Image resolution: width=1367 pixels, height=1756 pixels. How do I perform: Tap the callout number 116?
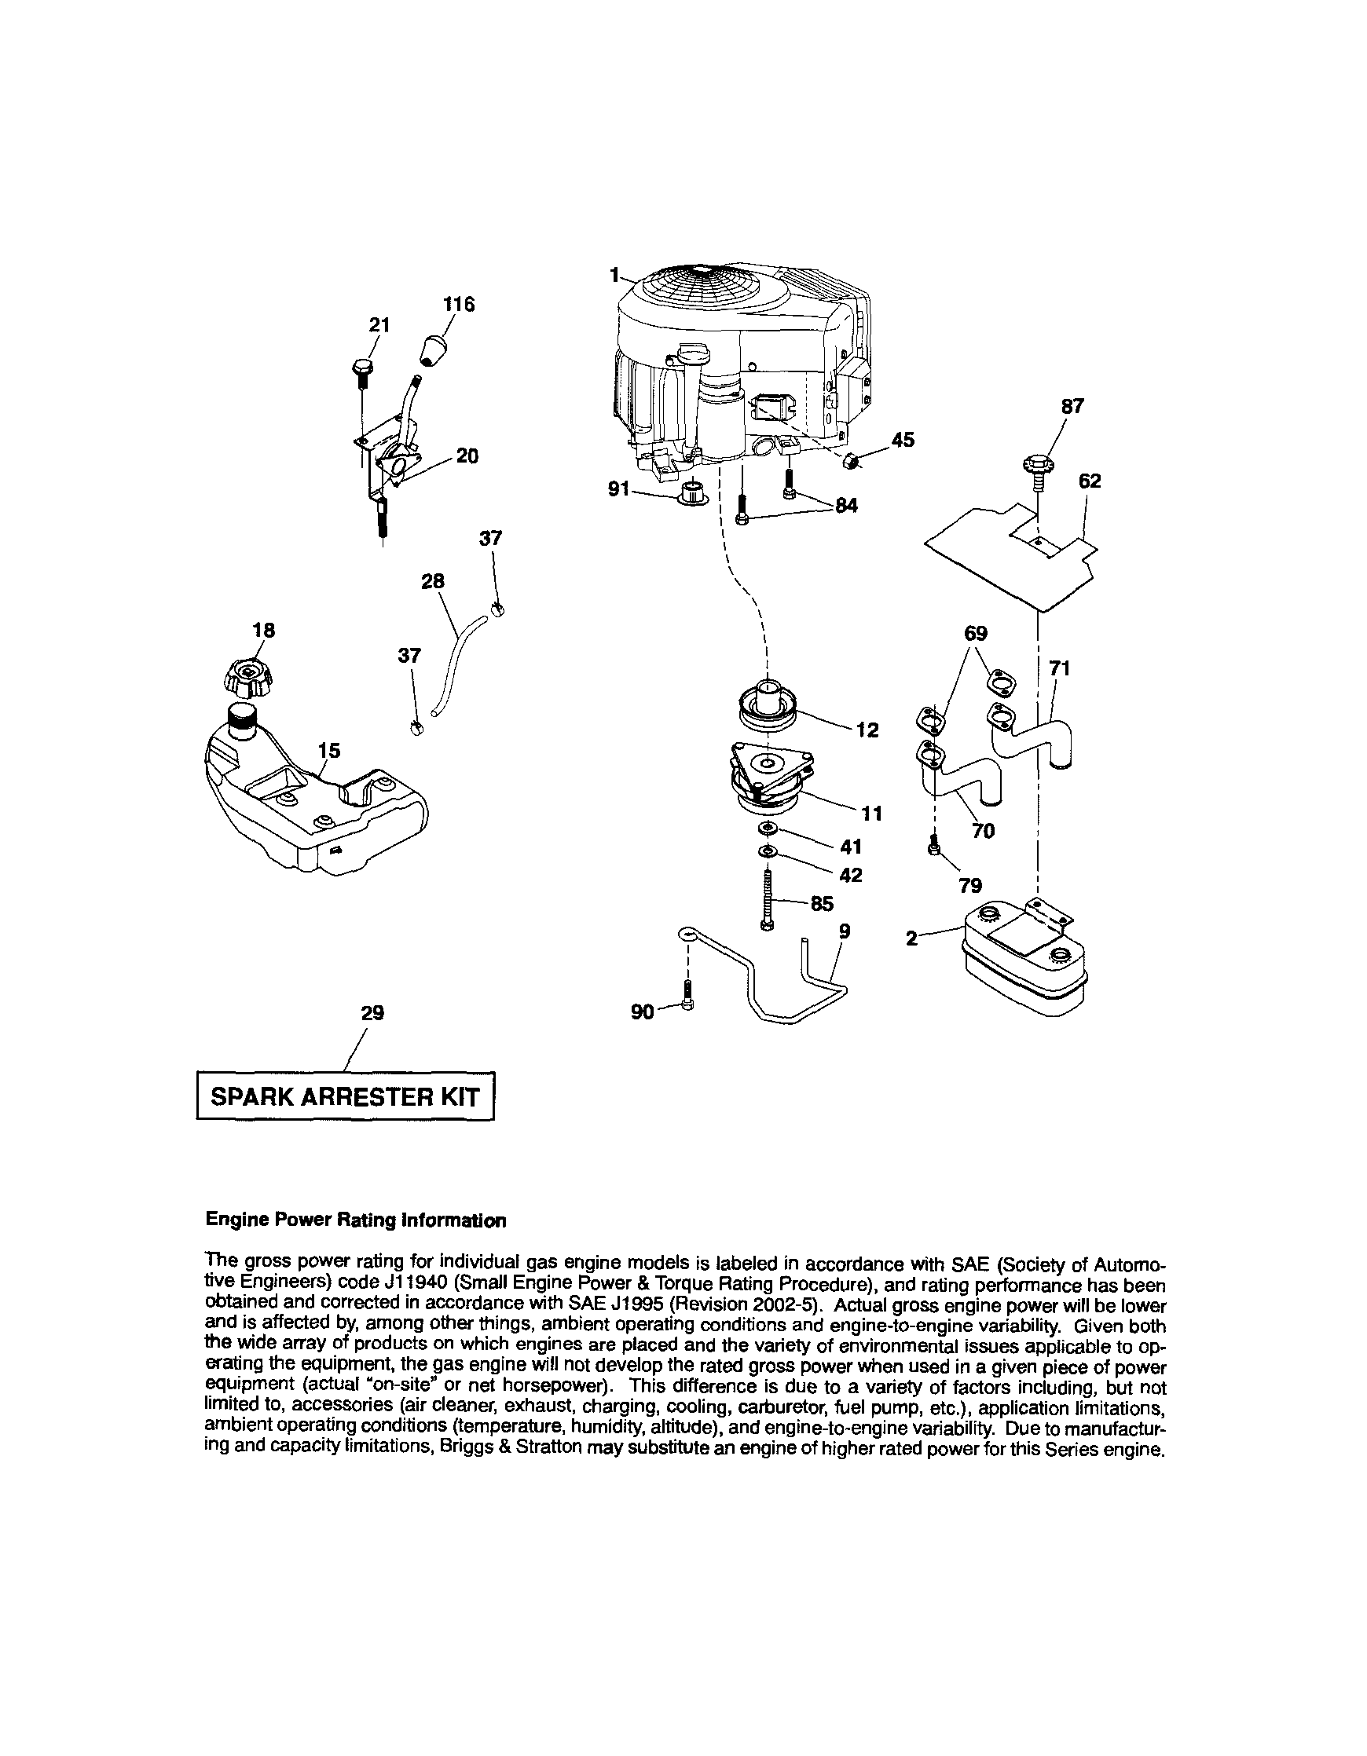click(459, 305)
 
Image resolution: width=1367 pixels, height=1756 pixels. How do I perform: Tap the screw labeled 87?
click(1037, 470)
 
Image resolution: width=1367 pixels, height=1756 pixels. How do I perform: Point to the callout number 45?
click(903, 440)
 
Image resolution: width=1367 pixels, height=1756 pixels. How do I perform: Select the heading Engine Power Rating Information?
click(355, 1220)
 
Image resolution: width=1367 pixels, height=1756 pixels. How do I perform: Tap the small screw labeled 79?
click(933, 847)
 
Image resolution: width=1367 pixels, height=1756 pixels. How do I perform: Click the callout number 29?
click(372, 1013)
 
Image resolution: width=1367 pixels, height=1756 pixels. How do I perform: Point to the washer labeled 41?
click(767, 829)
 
